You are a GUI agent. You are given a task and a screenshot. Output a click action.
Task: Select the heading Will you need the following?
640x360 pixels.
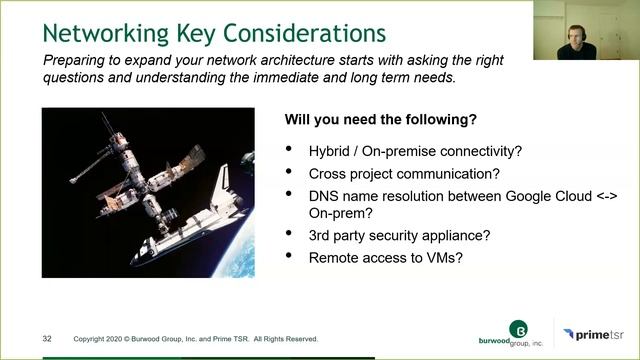click(x=380, y=120)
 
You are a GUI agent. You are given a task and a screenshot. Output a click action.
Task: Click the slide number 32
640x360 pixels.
click(x=47, y=338)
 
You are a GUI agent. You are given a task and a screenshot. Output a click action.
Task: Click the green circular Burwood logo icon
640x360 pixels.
click(x=518, y=328)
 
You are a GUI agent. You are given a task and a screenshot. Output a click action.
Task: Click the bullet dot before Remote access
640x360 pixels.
click(x=290, y=257)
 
